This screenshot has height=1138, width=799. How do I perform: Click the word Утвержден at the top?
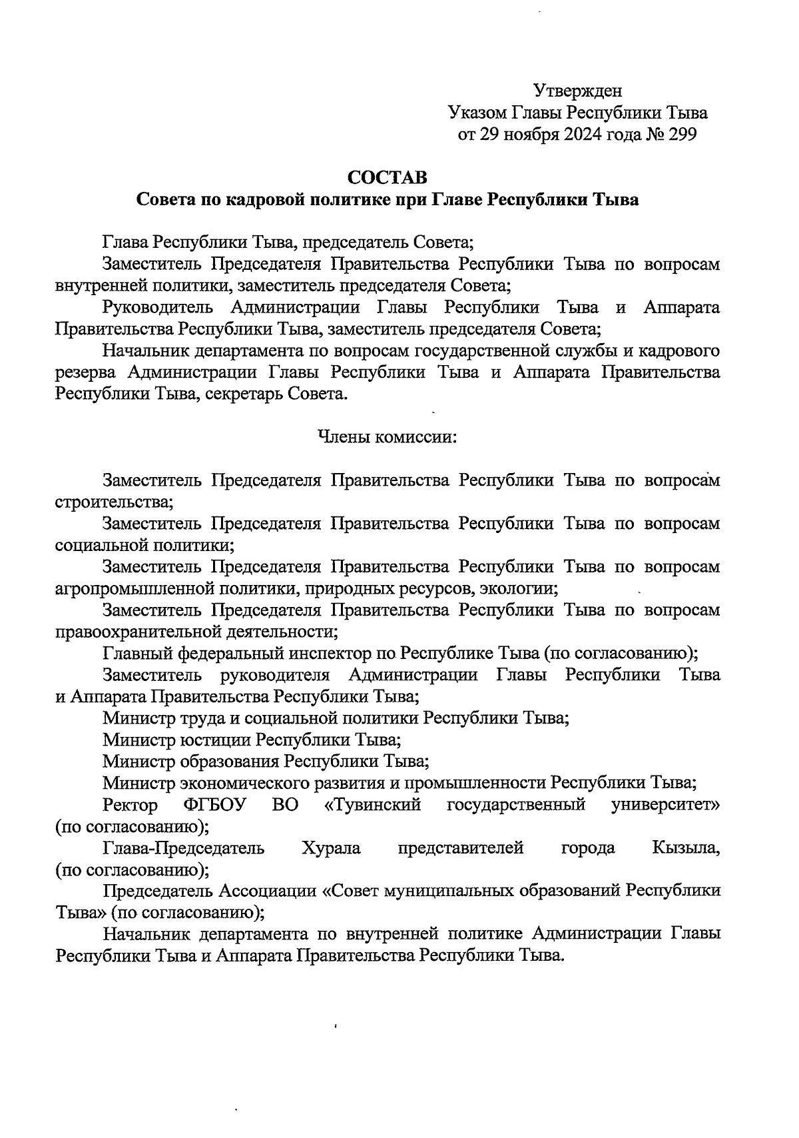(578, 90)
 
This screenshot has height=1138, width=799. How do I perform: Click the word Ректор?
(131, 805)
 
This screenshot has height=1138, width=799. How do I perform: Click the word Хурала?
(331, 848)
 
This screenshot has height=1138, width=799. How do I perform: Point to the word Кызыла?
(686, 848)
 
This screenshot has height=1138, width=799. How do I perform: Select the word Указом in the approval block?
(476, 113)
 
